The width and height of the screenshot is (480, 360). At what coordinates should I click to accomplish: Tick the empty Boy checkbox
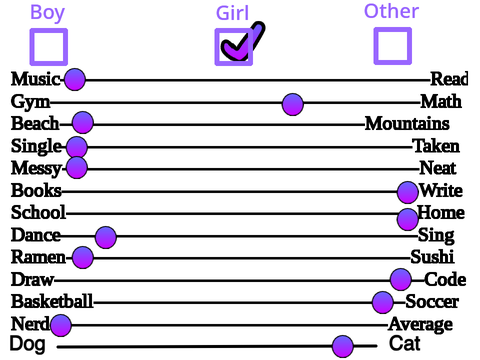click(49, 47)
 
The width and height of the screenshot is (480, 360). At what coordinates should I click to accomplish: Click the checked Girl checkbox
click(234, 47)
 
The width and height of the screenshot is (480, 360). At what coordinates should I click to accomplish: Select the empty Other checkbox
click(393, 46)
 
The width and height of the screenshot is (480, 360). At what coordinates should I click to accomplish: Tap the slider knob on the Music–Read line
click(75, 79)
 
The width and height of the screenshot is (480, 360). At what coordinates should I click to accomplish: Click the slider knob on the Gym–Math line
click(293, 104)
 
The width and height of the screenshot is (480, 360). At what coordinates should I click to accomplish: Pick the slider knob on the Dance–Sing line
click(106, 237)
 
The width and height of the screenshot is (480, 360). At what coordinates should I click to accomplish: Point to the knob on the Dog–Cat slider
click(343, 346)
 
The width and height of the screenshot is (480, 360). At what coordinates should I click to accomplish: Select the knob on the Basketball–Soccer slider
click(383, 302)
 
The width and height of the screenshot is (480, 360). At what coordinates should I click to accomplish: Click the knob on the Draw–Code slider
click(400, 279)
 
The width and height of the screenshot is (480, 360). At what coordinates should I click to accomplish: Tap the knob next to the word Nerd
click(61, 325)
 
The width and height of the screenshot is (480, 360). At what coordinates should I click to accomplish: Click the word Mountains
click(407, 124)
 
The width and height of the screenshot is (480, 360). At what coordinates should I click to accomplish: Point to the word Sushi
click(432, 257)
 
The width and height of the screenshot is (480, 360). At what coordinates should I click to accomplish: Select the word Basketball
click(52, 301)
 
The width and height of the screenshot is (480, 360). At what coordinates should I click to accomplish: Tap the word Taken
click(436, 146)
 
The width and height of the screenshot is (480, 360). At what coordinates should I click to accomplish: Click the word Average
click(421, 324)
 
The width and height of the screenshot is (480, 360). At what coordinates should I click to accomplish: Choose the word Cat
click(405, 344)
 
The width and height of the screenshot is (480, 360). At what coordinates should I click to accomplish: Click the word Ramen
click(38, 257)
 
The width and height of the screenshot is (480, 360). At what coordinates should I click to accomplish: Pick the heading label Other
click(391, 11)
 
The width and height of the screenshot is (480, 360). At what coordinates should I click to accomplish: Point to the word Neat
click(438, 168)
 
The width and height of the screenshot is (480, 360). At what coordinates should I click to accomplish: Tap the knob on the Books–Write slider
click(407, 192)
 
